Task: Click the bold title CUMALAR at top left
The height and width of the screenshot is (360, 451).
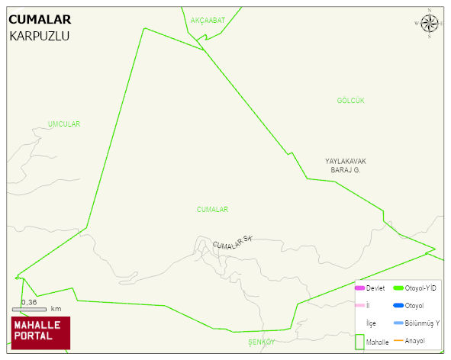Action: coord(40,21)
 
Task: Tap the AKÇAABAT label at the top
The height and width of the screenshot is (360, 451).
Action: coord(208,20)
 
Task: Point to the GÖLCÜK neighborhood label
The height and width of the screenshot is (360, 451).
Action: coord(351,101)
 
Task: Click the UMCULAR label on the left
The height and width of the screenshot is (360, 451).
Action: coord(63,124)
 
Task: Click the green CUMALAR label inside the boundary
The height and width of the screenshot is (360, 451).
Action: coord(212,209)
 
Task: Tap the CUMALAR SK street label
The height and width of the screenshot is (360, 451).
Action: coord(232,243)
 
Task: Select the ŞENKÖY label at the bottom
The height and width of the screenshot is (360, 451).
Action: coord(261,342)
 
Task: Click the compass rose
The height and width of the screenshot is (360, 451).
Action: coord(429,24)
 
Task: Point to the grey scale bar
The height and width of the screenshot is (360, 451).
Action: coord(29,309)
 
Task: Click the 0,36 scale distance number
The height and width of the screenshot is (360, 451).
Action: coord(29,302)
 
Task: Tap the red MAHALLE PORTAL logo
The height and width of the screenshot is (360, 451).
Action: coord(40,333)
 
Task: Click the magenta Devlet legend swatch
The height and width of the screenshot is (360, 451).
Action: coord(359,288)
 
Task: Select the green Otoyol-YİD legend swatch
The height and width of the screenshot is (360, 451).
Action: coord(398,288)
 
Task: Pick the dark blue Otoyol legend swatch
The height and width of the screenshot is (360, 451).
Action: coord(398,305)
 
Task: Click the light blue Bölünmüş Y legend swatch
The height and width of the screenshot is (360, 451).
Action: coord(398,323)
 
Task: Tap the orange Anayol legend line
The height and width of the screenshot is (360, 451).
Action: coord(398,340)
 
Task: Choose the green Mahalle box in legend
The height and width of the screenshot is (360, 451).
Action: coord(359,342)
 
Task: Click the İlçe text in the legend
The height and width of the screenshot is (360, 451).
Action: coord(371,323)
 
